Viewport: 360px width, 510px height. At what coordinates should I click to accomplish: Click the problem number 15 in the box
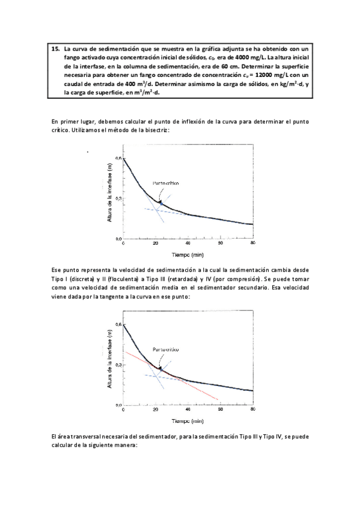point(54,49)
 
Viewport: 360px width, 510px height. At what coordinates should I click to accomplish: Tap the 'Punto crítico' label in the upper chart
point(166,183)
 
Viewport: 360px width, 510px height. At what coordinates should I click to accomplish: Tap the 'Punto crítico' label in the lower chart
point(166,349)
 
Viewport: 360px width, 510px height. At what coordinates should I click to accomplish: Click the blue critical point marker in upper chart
point(162,204)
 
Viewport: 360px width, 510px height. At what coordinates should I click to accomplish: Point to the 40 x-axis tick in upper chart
point(188,244)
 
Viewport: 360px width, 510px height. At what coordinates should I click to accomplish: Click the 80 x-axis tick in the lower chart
point(252,409)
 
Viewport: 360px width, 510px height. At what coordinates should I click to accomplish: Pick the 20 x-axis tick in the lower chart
point(155,409)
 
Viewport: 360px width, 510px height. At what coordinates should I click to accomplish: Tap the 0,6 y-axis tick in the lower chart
point(118,325)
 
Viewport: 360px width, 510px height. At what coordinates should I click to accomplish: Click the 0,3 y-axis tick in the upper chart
point(118,198)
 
